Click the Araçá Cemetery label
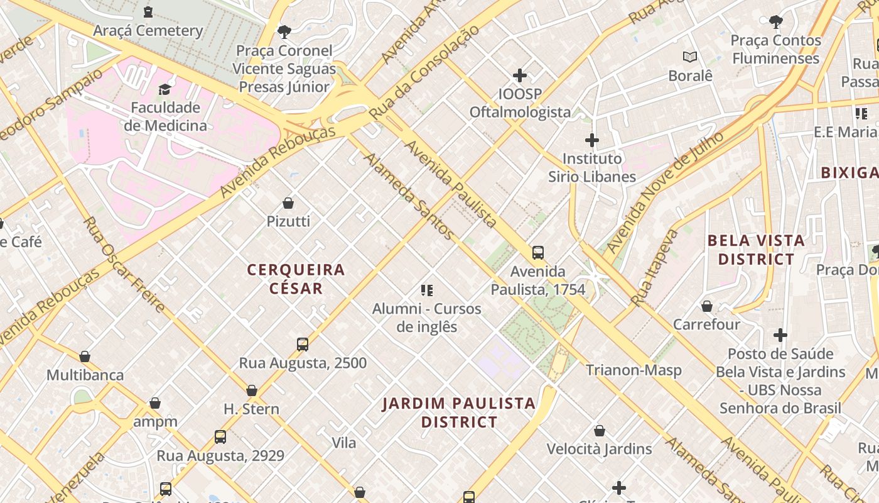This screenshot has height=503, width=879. click(148, 30)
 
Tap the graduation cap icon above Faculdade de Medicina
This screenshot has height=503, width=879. click(165, 89)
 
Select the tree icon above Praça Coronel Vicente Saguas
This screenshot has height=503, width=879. click(284, 31)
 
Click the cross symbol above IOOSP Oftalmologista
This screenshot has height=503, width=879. click(520, 75)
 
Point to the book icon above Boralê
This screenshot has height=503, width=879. click(690, 57)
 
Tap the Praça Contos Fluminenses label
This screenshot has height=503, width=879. click(775, 49)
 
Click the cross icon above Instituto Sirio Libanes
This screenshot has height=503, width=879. click(592, 140)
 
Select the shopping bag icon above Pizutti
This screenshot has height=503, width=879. click(288, 203)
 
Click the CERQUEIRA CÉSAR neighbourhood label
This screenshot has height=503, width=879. click(296, 279)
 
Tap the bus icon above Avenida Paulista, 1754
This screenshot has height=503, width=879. click(538, 253)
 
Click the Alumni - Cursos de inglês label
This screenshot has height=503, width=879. click(427, 318)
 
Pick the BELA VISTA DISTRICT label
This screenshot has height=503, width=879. click(756, 250)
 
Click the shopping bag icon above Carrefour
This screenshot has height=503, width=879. click(707, 306)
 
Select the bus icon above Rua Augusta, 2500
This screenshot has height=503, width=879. click(303, 345)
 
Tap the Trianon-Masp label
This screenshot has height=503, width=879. click(634, 370)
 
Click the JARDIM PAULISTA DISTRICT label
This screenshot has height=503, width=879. click(459, 412)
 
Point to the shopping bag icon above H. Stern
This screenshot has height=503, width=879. click(252, 390)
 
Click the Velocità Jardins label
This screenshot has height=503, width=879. click(599, 449)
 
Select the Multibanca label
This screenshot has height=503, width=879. click(85, 375)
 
